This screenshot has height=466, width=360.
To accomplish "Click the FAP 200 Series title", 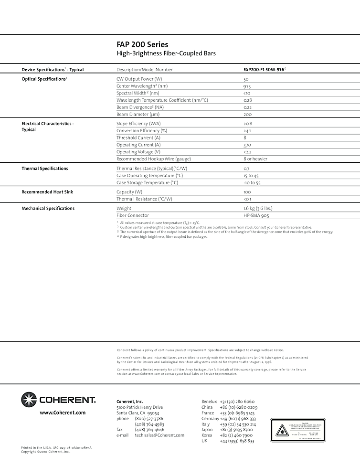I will (x=142, y=44).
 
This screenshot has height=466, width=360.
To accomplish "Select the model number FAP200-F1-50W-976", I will (x=264, y=70).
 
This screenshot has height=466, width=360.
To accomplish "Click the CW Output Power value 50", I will (x=246, y=79).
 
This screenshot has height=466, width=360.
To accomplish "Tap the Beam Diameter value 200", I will (x=247, y=115).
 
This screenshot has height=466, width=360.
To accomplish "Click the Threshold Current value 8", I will (x=245, y=138).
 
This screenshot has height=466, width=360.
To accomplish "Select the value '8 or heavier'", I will (x=255, y=159).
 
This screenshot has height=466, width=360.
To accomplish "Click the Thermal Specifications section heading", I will (x=45, y=169).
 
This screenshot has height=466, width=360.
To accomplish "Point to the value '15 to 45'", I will (x=252, y=176).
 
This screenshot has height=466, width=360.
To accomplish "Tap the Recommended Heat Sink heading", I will (x=47, y=192).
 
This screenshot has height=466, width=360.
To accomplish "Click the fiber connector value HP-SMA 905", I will (x=256, y=216).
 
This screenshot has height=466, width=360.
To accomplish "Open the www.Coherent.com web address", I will (x=63, y=413).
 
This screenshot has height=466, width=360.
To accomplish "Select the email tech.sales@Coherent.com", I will (x=159, y=435).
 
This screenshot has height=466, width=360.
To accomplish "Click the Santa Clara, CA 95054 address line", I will (x=138, y=413).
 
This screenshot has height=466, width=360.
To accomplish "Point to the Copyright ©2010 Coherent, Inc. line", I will (x=45, y=452).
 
